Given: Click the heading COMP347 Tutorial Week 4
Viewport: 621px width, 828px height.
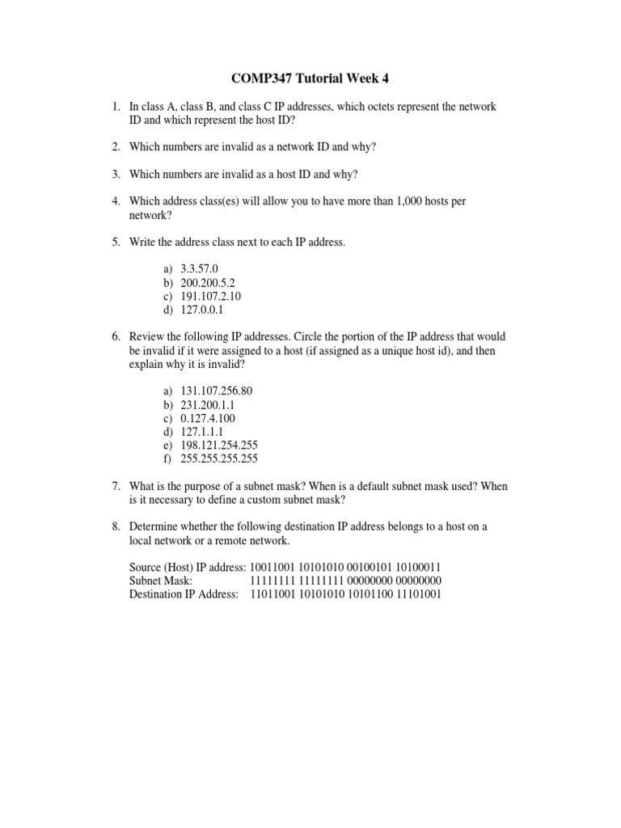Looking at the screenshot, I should click(x=310, y=78).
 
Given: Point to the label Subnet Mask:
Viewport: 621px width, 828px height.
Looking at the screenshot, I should click(x=161, y=581).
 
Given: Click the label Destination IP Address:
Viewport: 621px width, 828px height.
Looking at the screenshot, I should click(x=184, y=594).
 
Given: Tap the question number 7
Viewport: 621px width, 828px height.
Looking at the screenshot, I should click(x=116, y=486).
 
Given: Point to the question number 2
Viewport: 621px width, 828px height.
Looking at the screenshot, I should click(x=116, y=146).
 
